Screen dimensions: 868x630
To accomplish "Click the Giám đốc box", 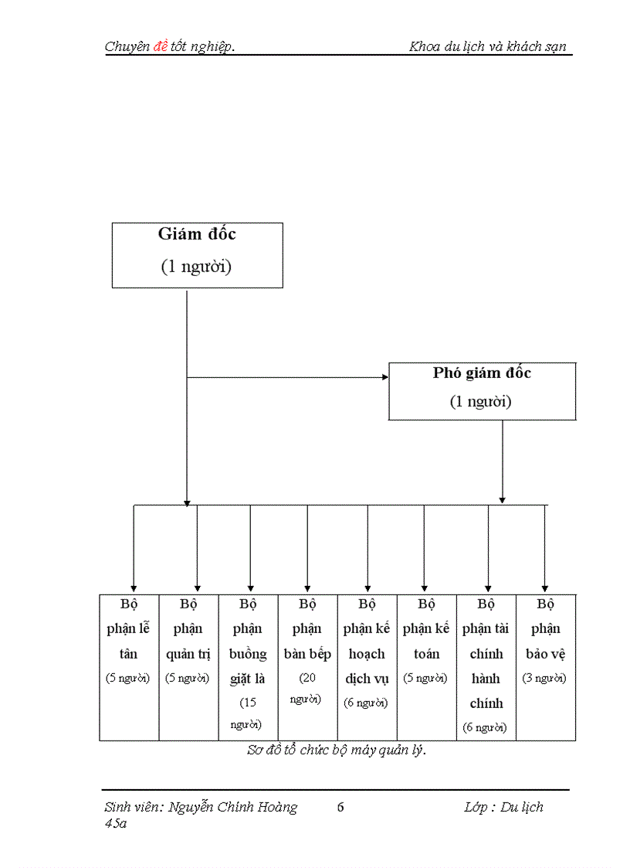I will tap(197, 255).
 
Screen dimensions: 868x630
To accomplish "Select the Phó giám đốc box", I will tap(482, 391).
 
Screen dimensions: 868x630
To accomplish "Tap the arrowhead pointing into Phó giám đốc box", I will tap(384, 378).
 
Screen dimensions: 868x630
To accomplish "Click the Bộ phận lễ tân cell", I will tap(129, 666).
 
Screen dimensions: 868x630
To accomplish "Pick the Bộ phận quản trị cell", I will tap(188, 666).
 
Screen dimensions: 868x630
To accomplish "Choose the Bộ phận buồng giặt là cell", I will tap(248, 666).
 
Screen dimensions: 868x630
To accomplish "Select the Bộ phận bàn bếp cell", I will tap(307, 666).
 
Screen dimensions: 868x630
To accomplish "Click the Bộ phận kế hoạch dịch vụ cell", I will tap(367, 666).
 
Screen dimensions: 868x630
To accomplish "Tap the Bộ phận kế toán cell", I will tap(426, 666).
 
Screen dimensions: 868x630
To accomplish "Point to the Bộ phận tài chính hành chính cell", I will tap(486, 666).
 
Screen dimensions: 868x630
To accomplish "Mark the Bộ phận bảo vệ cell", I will tap(546, 666).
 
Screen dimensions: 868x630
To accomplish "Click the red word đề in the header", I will tap(161, 46).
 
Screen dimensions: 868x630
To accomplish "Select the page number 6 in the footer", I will tap(340, 807).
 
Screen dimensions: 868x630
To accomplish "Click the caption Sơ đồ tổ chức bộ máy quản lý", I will tap(337, 750).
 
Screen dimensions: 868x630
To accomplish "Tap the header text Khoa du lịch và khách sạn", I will tap(488, 46).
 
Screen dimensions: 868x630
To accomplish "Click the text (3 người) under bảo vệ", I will tap(545, 679).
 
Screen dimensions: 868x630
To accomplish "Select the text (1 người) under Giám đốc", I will tap(196, 267).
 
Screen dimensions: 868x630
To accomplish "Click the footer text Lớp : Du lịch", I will tap(503, 807).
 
